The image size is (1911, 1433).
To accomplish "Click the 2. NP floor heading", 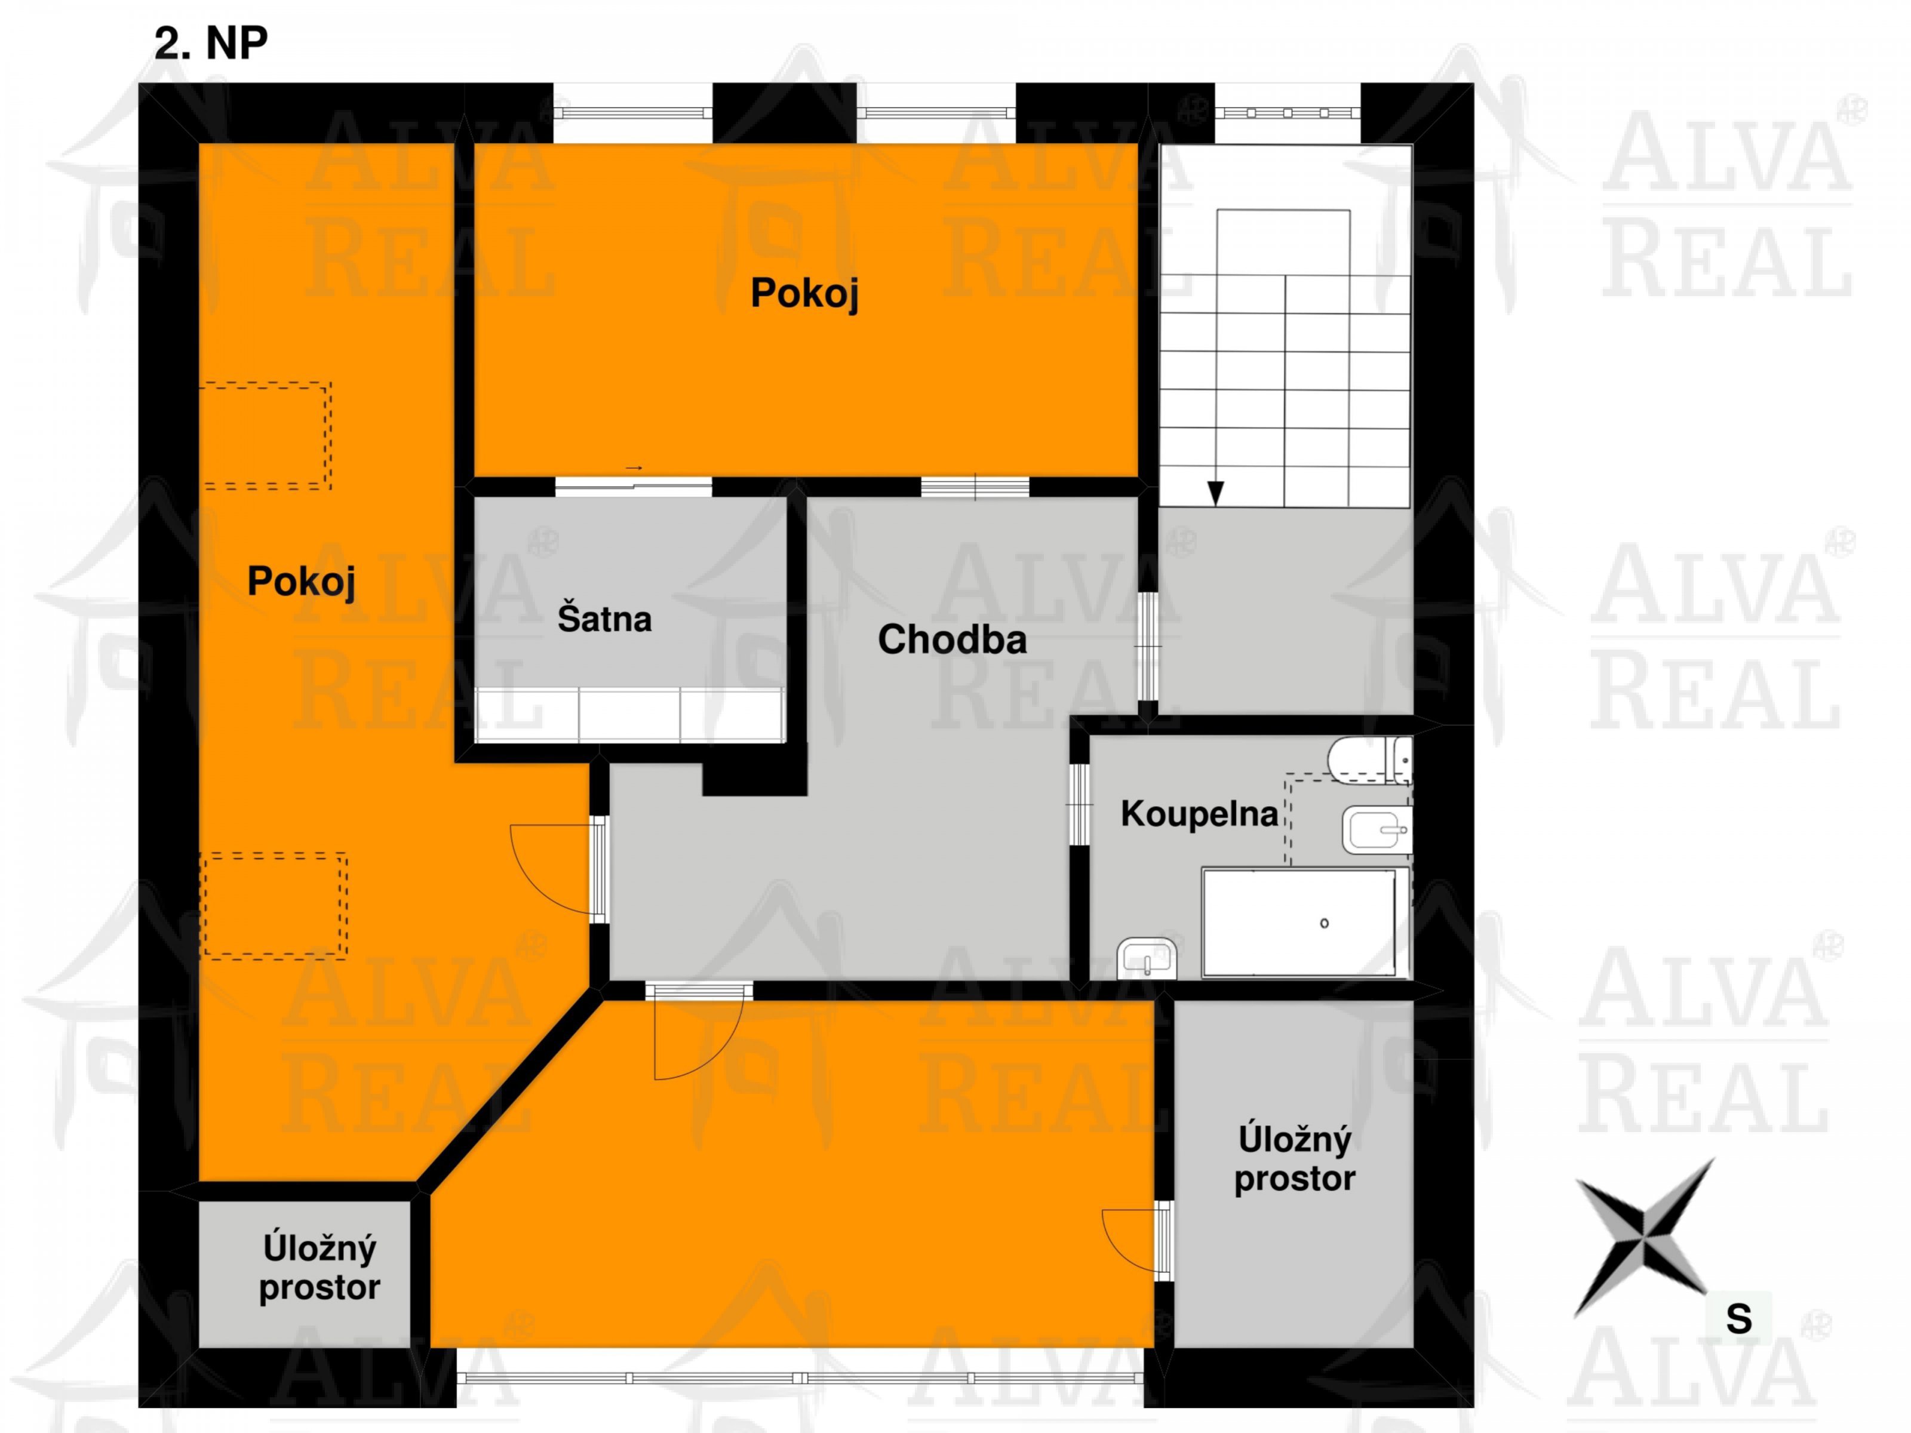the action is (211, 43).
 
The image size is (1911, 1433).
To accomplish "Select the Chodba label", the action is (952, 639).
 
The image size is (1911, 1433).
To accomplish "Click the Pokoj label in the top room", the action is (804, 293).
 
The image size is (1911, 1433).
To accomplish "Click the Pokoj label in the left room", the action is (302, 582).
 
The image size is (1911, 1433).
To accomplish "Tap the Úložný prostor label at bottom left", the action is (319, 1268).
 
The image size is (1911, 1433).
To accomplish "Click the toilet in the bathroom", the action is (1370, 760).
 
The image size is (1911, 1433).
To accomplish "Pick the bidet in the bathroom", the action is (1377, 830).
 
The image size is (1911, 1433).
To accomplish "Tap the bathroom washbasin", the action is (1147, 958).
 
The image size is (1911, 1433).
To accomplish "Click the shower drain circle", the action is (1325, 923).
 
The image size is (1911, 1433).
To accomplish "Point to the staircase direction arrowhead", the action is (1215, 493).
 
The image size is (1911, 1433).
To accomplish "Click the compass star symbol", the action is (1644, 1238).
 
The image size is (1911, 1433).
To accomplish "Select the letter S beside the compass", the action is (1738, 1319).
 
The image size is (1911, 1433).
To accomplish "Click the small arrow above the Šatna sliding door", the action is (634, 468).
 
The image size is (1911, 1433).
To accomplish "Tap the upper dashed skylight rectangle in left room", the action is (265, 435).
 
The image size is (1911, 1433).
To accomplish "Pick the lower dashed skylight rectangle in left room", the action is (274, 905).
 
